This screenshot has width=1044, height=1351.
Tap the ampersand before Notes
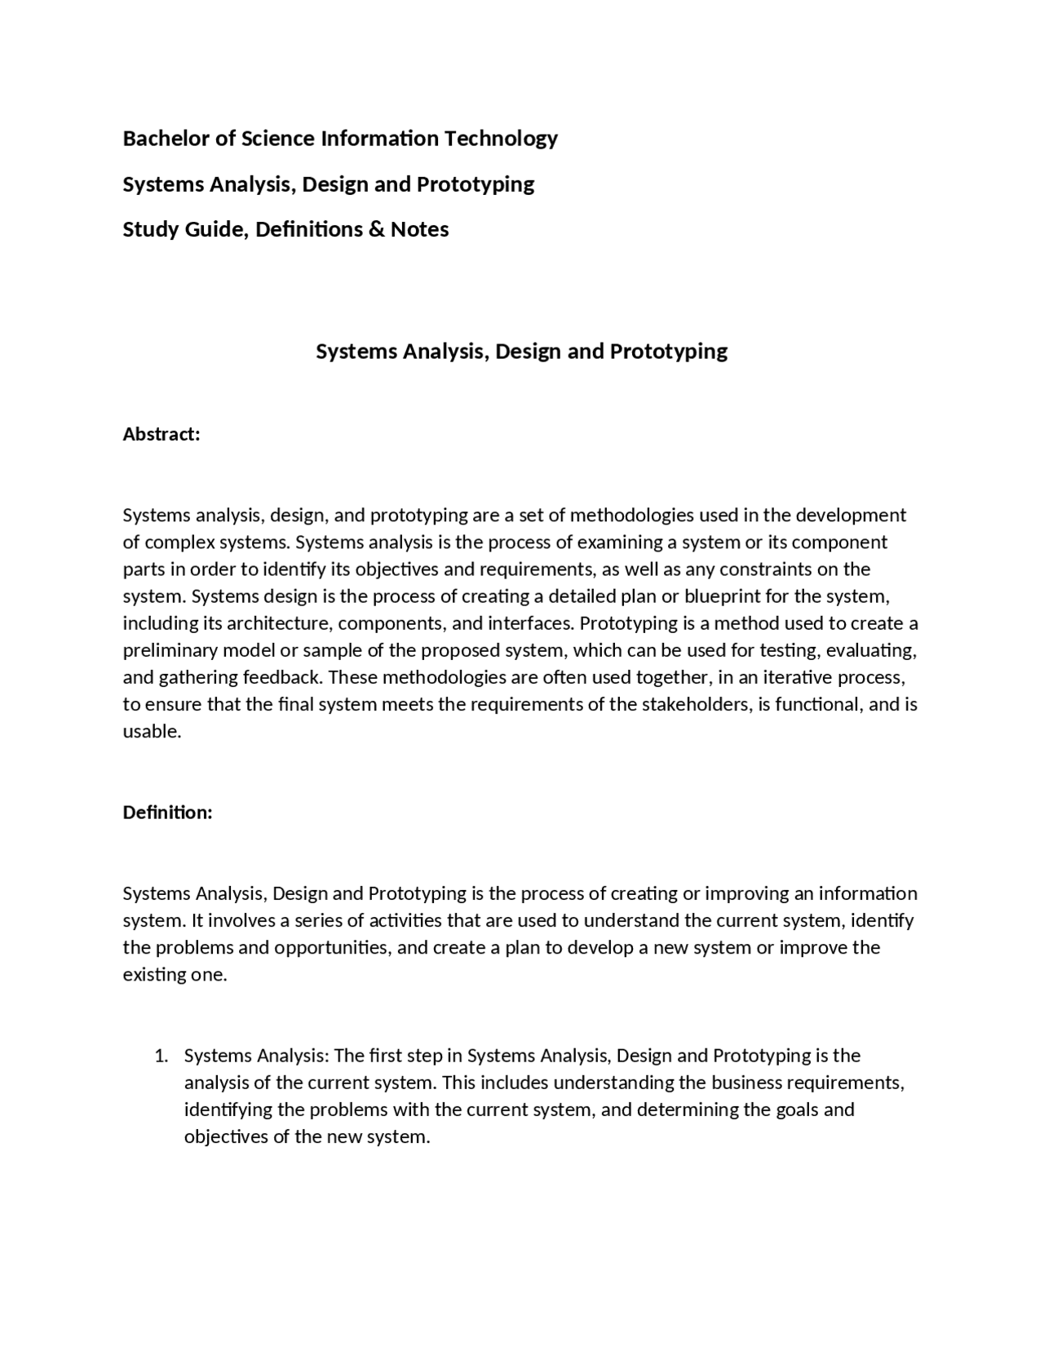(x=376, y=229)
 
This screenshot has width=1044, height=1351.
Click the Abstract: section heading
(x=161, y=434)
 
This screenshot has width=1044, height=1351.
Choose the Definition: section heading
(x=167, y=813)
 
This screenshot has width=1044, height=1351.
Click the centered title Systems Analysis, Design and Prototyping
(x=521, y=352)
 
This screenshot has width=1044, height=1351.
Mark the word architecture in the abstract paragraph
(x=277, y=623)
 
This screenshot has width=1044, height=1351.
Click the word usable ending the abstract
(x=151, y=731)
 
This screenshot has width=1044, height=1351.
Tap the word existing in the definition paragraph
(x=155, y=975)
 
